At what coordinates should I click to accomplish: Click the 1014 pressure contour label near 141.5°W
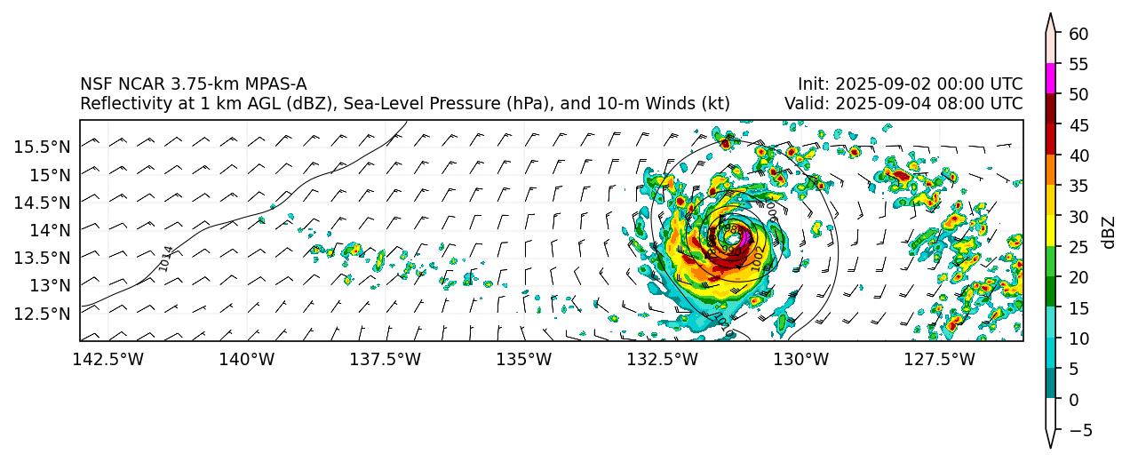pos(165,259)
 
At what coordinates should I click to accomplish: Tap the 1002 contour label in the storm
pos(757,258)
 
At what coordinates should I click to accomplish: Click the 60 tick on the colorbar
pos(1078,33)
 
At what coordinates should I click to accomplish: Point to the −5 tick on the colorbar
pos(1078,430)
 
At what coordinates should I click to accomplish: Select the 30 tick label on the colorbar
pos(1078,216)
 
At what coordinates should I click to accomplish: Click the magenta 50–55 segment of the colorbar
pos(1050,78)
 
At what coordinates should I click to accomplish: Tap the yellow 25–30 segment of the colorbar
pos(1050,231)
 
